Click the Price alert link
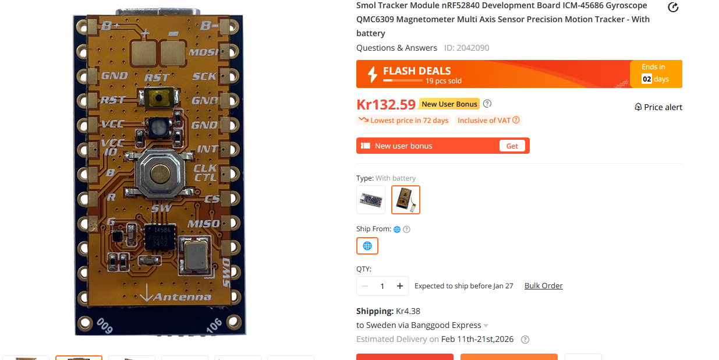[x=658, y=107]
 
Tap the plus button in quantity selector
[x=400, y=286]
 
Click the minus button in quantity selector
[x=365, y=286]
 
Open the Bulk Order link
[x=543, y=285]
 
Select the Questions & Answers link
[x=396, y=48]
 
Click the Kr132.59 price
[x=386, y=105]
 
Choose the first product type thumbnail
[x=371, y=200]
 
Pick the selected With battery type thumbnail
[x=406, y=200]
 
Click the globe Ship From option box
[x=367, y=246]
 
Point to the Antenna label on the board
[x=182, y=297]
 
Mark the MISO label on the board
[x=203, y=224]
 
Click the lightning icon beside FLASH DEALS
[x=373, y=75]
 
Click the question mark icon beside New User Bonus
[x=487, y=104]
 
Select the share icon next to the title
[x=673, y=7]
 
